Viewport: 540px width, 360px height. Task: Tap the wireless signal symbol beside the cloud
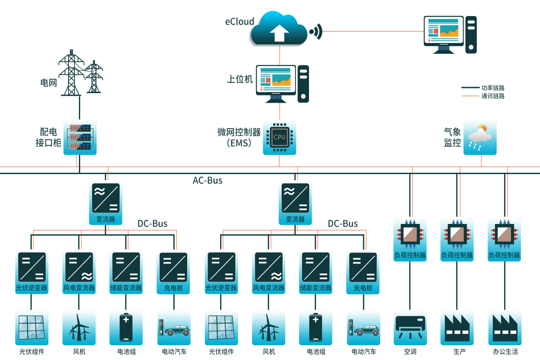[316, 32]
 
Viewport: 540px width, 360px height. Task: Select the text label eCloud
[240, 22]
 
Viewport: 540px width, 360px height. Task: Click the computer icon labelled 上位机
[282, 83]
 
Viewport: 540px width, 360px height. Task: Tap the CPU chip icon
[280, 137]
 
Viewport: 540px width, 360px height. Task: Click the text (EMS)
[239, 143]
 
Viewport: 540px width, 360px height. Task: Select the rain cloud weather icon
[480, 138]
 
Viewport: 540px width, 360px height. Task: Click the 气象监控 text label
[452, 137]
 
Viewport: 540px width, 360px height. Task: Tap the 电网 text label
[49, 82]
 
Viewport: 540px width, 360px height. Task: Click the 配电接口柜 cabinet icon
[80, 137]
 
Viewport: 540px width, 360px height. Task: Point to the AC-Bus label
[208, 180]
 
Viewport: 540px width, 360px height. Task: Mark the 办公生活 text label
[505, 351]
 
